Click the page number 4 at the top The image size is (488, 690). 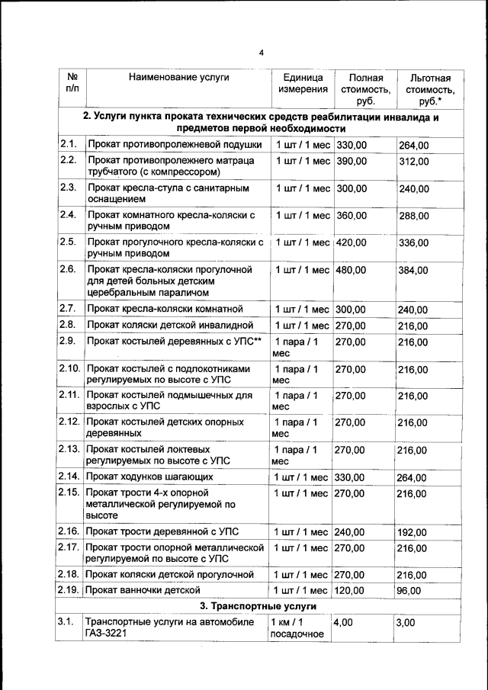click(x=260, y=53)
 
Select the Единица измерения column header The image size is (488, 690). click(x=303, y=84)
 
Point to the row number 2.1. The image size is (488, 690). click(x=67, y=144)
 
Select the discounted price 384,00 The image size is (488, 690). click(x=413, y=271)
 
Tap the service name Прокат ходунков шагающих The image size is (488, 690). click(x=150, y=477)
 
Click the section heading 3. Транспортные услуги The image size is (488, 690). click(x=259, y=606)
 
